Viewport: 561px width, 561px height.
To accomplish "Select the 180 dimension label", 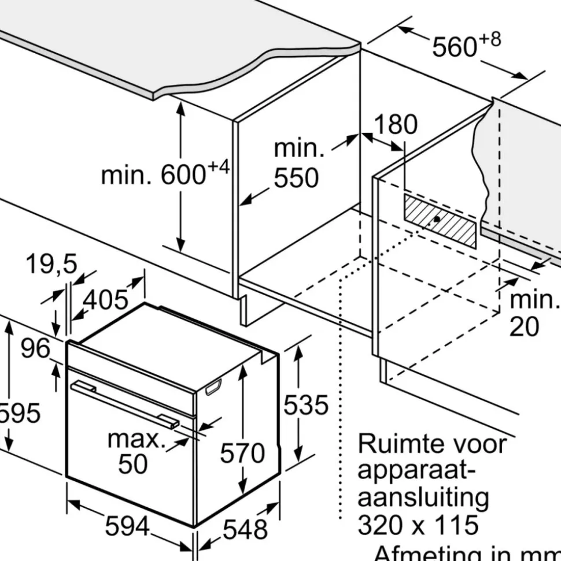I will (x=396, y=124).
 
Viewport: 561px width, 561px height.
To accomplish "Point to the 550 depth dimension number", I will (x=296, y=179).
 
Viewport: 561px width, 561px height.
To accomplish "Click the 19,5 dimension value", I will (x=51, y=265).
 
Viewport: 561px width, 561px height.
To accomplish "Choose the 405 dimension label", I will (x=106, y=299).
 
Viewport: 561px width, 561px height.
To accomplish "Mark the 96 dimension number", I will (x=35, y=348).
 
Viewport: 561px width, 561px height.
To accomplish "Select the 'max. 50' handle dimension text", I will (x=135, y=451).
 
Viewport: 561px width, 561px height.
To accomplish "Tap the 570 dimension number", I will (x=242, y=453).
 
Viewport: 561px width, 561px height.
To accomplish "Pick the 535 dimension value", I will (x=305, y=405).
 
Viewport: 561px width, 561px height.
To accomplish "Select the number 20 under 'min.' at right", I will (x=524, y=327).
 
